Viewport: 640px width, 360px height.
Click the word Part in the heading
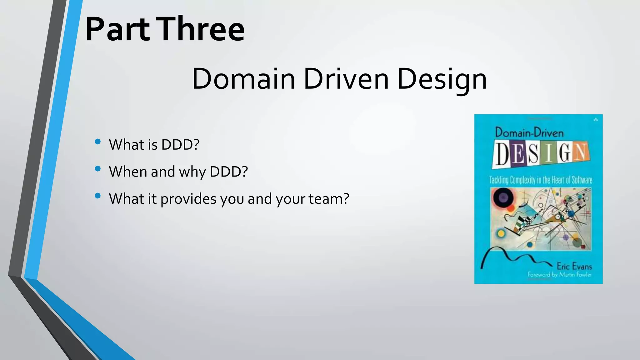[x=117, y=30]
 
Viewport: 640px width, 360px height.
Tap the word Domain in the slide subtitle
[x=243, y=79]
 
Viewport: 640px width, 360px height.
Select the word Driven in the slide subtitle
[x=346, y=79]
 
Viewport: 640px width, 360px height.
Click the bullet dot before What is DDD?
[x=98, y=142]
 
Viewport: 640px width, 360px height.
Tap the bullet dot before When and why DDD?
[x=98, y=169]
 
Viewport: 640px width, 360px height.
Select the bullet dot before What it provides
[x=98, y=196]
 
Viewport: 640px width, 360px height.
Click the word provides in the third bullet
[x=188, y=199]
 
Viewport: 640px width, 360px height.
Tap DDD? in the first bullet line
[x=180, y=145]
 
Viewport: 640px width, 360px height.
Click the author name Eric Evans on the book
[x=574, y=266]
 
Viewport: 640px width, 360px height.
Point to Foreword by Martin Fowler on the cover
[x=559, y=275]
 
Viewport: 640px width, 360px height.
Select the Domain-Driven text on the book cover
[x=529, y=133]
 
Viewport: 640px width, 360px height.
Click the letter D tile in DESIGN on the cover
[x=502, y=154]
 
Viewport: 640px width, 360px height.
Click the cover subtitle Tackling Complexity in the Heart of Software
[x=541, y=180]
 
